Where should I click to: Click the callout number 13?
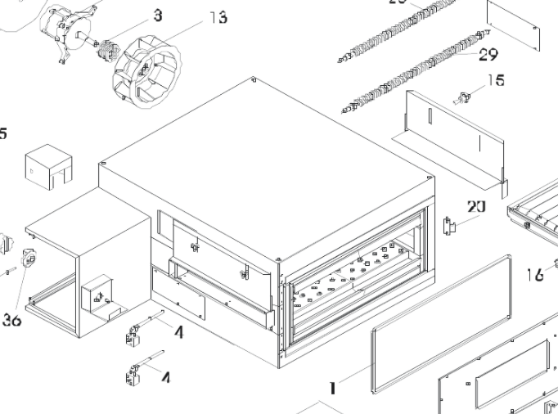point(216,17)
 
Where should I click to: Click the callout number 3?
point(157,15)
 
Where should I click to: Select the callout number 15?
point(496,80)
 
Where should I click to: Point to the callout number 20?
point(476,206)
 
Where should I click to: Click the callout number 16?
point(535,275)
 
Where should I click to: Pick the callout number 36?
point(11,321)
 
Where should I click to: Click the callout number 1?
point(332,387)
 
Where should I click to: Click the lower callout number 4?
point(166,378)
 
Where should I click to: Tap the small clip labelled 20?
point(448,225)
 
